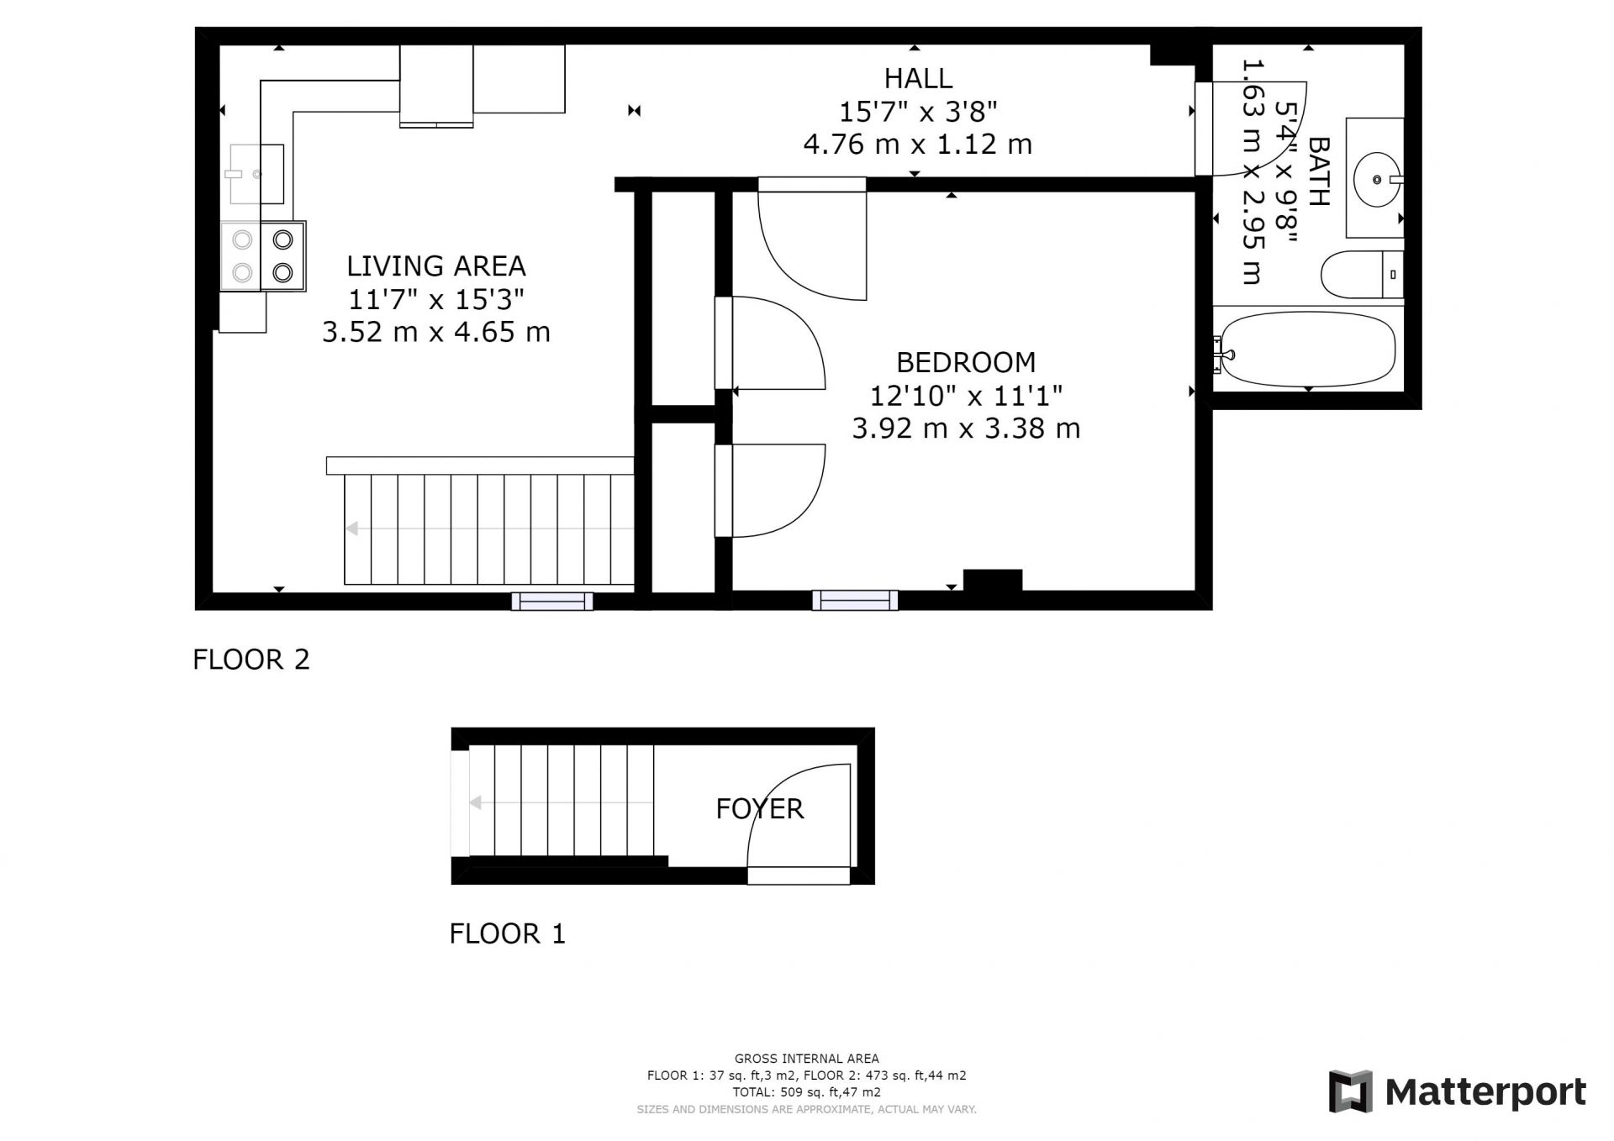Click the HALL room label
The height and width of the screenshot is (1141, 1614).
(x=918, y=78)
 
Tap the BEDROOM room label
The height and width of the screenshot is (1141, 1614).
(x=966, y=362)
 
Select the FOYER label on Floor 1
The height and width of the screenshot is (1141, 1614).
(x=760, y=808)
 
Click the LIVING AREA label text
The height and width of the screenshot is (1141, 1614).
(x=436, y=266)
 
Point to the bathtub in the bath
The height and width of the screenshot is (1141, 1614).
(x=1308, y=350)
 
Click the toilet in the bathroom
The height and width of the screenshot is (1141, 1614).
(x=1362, y=274)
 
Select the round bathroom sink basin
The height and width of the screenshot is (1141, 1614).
(x=1377, y=179)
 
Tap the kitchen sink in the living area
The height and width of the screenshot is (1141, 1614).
(x=256, y=174)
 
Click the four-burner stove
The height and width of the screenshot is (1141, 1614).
(x=263, y=256)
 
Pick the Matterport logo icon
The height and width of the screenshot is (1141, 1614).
(x=1350, y=1091)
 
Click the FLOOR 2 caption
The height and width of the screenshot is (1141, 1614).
(x=251, y=660)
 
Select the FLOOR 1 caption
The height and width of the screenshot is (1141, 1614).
(x=508, y=933)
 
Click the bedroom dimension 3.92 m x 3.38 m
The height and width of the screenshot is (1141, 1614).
(x=966, y=429)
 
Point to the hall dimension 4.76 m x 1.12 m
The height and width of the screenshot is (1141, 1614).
(x=918, y=145)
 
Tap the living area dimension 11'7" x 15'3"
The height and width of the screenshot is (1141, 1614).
(x=436, y=298)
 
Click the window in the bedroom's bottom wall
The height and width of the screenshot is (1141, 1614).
(x=855, y=600)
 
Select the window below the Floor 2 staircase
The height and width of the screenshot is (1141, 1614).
(x=552, y=601)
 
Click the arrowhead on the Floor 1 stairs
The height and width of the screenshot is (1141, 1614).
(x=475, y=803)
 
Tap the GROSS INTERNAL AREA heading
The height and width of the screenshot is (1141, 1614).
(x=807, y=1059)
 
